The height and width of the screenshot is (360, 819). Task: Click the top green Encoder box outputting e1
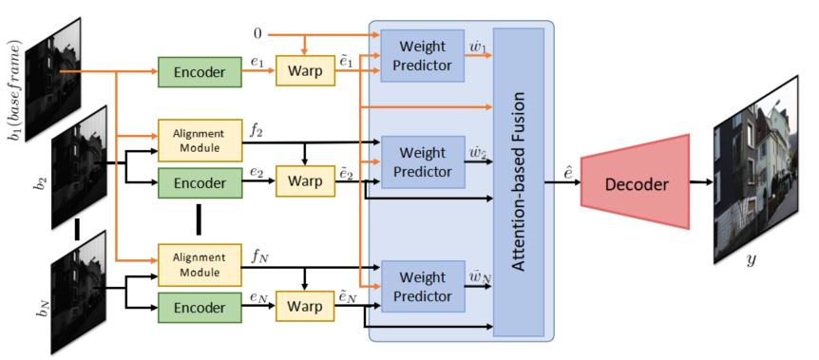click(x=198, y=71)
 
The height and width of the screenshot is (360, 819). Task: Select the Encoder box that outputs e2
click(x=198, y=180)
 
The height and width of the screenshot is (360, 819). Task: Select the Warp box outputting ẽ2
click(x=305, y=180)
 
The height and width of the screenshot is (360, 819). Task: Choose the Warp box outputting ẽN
click(x=305, y=306)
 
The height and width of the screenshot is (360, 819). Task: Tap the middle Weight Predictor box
click(x=422, y=162)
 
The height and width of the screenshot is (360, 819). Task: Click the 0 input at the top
click(x=257, y=34)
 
